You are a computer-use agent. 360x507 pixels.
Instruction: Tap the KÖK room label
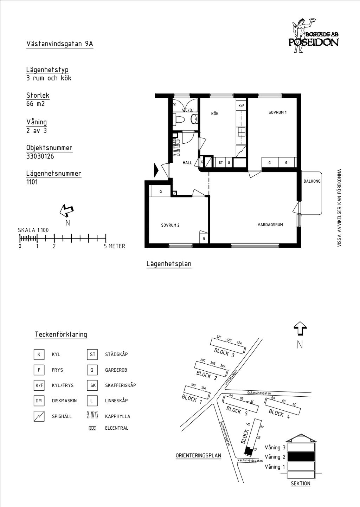215,113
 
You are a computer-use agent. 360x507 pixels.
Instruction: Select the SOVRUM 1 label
277,112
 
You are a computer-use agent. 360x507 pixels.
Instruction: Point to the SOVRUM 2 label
170,225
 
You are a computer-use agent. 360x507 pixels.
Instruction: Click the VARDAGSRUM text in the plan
270,225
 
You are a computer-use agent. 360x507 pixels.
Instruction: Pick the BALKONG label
312,181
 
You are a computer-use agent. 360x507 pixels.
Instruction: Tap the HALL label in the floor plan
187,163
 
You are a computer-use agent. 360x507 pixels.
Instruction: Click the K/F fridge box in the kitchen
242,106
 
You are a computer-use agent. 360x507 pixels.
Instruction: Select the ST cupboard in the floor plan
221,163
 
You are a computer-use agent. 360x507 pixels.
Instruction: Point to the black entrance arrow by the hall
156,170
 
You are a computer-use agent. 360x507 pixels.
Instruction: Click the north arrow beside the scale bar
66,210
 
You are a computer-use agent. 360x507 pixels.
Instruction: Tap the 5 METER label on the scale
115,246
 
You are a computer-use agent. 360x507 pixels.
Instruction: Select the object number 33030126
40,156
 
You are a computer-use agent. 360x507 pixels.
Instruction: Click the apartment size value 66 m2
36,104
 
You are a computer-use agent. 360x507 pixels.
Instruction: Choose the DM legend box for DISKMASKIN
39,401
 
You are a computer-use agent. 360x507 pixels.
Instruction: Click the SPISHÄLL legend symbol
39,416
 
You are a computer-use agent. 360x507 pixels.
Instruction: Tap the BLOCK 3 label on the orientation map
224,353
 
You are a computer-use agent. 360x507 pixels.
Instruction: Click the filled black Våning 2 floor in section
301,457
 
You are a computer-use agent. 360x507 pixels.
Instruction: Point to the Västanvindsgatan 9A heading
60,44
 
